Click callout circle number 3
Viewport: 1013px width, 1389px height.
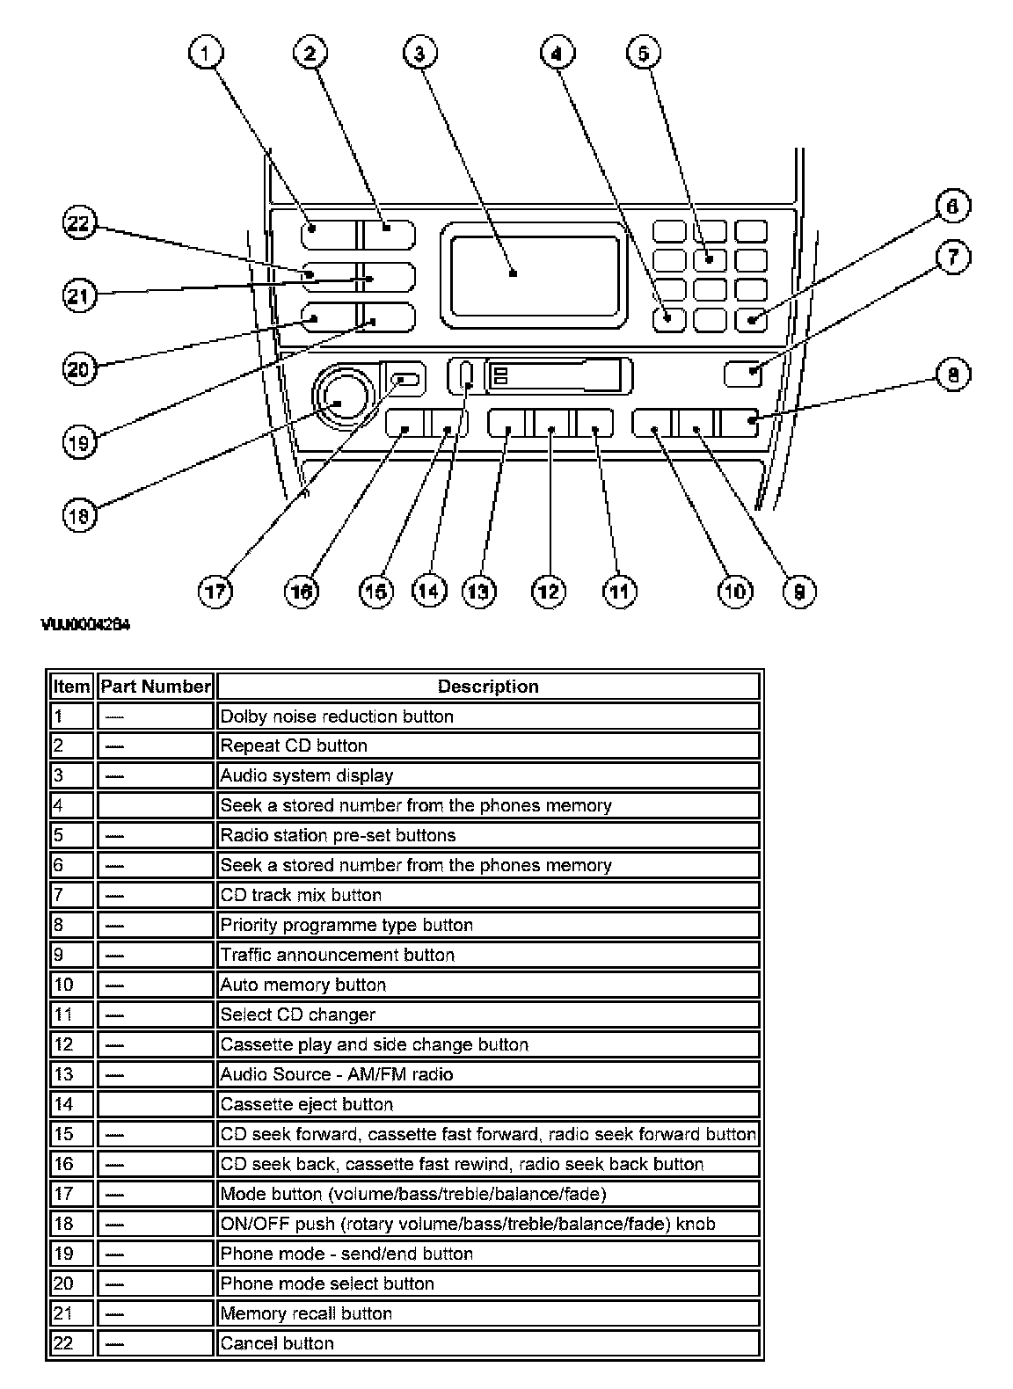(x=419, y=54)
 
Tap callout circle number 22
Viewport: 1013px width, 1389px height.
(x=78, y=223)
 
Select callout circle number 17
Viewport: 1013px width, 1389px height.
(x=215, y=591)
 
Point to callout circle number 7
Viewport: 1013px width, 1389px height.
(x=952, y=258)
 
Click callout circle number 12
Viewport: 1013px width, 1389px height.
(x=549, y=591)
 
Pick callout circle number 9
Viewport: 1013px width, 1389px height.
(x=798, y=591)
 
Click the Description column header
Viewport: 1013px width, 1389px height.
(x=488, y=687)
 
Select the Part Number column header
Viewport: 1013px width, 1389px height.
(x=156, y=687)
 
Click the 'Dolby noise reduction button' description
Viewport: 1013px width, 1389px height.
(x=337, y=716)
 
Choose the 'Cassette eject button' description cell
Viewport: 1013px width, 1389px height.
(x=306, y=1104)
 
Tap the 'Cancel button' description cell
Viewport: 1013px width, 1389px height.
(x=277, y=1343)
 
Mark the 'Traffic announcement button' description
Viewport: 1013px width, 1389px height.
(x=337, y=955)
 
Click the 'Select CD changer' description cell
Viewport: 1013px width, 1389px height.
(x=297, y=1014)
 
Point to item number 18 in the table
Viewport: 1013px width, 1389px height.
(x=63, y=1224)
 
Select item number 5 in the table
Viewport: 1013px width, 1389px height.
(x=59, y=835)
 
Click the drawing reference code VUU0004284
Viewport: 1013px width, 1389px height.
(x=85, y=625)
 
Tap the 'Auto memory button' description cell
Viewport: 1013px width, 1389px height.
(x=302, y=985)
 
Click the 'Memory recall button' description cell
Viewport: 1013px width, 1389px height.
(x=305, y=1313)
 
